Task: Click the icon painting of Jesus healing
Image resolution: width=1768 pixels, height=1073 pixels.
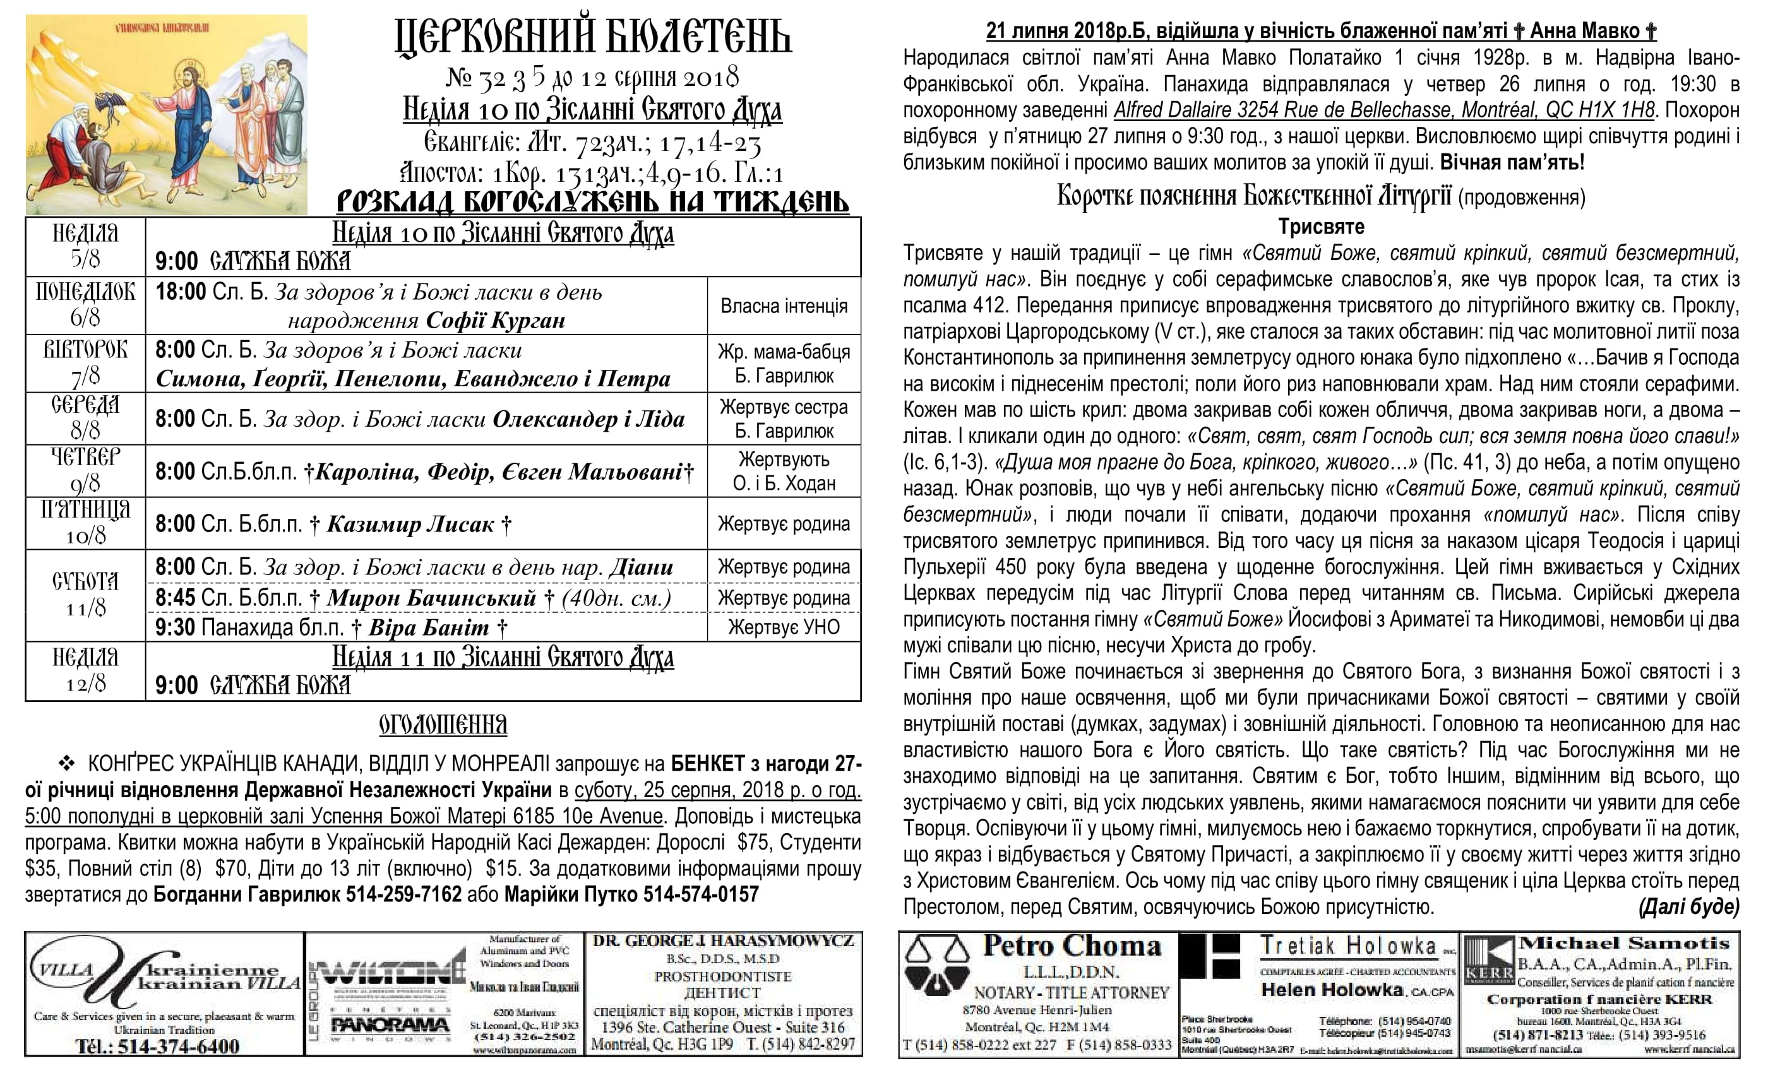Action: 167,115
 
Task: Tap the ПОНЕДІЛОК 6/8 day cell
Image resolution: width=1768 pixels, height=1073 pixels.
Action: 85,305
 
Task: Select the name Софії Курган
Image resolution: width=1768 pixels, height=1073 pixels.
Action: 496,320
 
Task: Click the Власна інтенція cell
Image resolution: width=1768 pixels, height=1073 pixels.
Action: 784,306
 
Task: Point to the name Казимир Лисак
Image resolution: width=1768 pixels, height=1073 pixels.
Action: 410,525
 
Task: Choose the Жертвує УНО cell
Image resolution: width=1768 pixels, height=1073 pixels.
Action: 784,627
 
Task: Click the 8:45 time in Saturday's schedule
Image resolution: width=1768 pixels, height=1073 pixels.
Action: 175,598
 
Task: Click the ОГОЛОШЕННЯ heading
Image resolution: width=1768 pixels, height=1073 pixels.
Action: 443,725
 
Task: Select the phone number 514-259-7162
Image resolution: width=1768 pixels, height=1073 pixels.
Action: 404,895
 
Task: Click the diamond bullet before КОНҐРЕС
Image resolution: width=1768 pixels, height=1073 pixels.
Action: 66,762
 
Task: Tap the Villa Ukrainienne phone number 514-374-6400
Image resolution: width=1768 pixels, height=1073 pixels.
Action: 178,1046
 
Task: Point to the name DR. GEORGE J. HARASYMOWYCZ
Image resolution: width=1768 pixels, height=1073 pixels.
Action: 723,941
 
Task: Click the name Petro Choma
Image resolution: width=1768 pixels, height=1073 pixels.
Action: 1072,946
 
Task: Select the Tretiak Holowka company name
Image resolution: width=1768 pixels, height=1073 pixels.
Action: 1348,946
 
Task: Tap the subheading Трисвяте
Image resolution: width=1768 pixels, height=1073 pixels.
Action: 1321,227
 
